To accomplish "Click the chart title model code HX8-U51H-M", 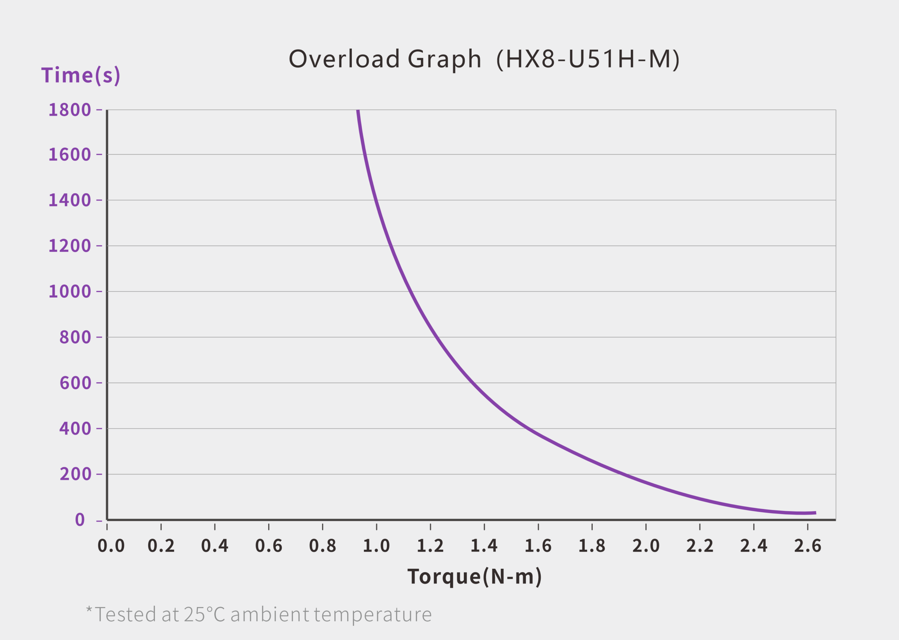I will click(x=588, y=59).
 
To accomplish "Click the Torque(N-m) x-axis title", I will click(x=474, y=576).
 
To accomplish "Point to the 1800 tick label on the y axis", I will click(x=70, y=110).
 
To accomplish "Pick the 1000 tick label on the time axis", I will click(x=70, y=292).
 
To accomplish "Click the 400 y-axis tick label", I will click(x=75, y=428).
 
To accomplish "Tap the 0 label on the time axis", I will click(x=80, y=520).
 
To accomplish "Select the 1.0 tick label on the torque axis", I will click(x=376, y=546).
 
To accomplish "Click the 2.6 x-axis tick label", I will click(x=808, y=546).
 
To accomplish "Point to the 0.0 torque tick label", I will click(x=111, y=546).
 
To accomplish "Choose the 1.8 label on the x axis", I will click(x=592, y=546).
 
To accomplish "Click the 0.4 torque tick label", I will click(x=215, y=546).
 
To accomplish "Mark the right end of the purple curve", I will click(x=815, y=513).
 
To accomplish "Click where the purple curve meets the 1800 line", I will click(x=358, y=111).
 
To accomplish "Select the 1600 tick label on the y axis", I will click(x=70, y=154).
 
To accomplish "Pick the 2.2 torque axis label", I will click(x=700, y=546).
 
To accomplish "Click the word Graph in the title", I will click(x=444, y=59).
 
